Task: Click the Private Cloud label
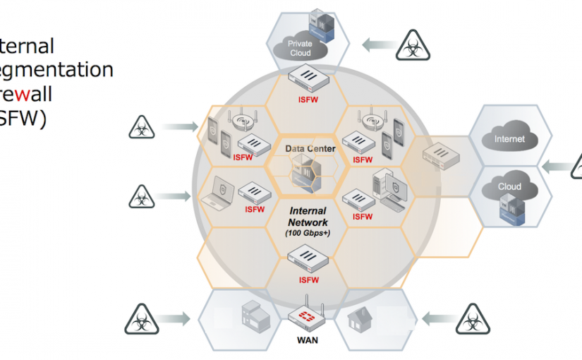300,48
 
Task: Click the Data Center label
310,149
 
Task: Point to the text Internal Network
308,216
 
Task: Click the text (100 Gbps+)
308,232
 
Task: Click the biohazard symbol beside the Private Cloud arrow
411,46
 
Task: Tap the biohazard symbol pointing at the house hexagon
471,318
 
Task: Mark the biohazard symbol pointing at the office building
143,318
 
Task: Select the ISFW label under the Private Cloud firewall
308,100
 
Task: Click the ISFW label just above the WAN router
308,280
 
